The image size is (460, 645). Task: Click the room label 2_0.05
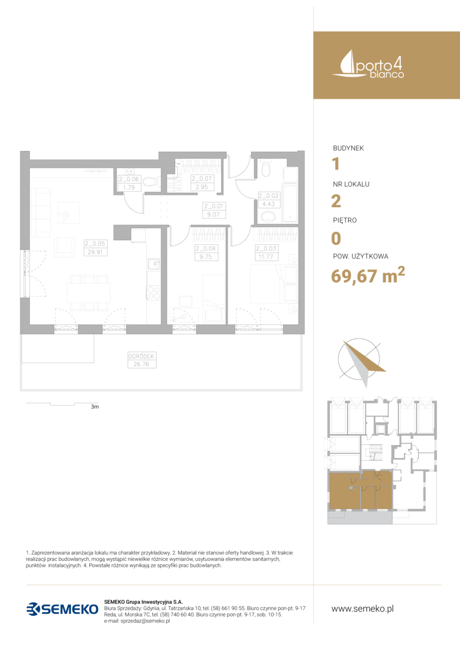[95, 244]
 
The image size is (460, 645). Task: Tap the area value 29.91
[95, 252]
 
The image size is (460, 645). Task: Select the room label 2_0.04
[206, 248]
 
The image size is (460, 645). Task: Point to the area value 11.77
[266, 257]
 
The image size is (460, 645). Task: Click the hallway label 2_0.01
[213, 206]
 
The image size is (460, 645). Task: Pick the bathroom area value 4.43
[268, 204]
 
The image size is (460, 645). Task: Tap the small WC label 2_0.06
[129, 179]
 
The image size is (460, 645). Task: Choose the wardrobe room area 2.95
[201, 187]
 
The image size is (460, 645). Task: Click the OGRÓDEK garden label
[141, 356]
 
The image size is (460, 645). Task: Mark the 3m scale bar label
[94, 407]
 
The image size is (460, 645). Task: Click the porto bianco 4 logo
[368, 64]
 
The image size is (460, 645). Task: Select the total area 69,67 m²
[368, 274]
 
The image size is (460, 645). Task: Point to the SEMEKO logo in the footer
[63, 609]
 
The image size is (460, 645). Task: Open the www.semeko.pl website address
[363, 609]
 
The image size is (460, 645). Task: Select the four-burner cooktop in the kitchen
[154, 293]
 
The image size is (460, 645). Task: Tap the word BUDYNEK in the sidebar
[348, 148]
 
